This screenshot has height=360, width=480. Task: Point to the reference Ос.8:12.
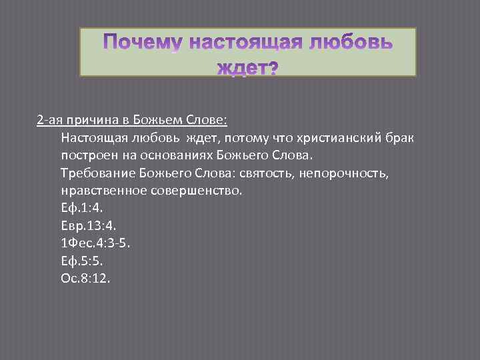pos(85,278)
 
